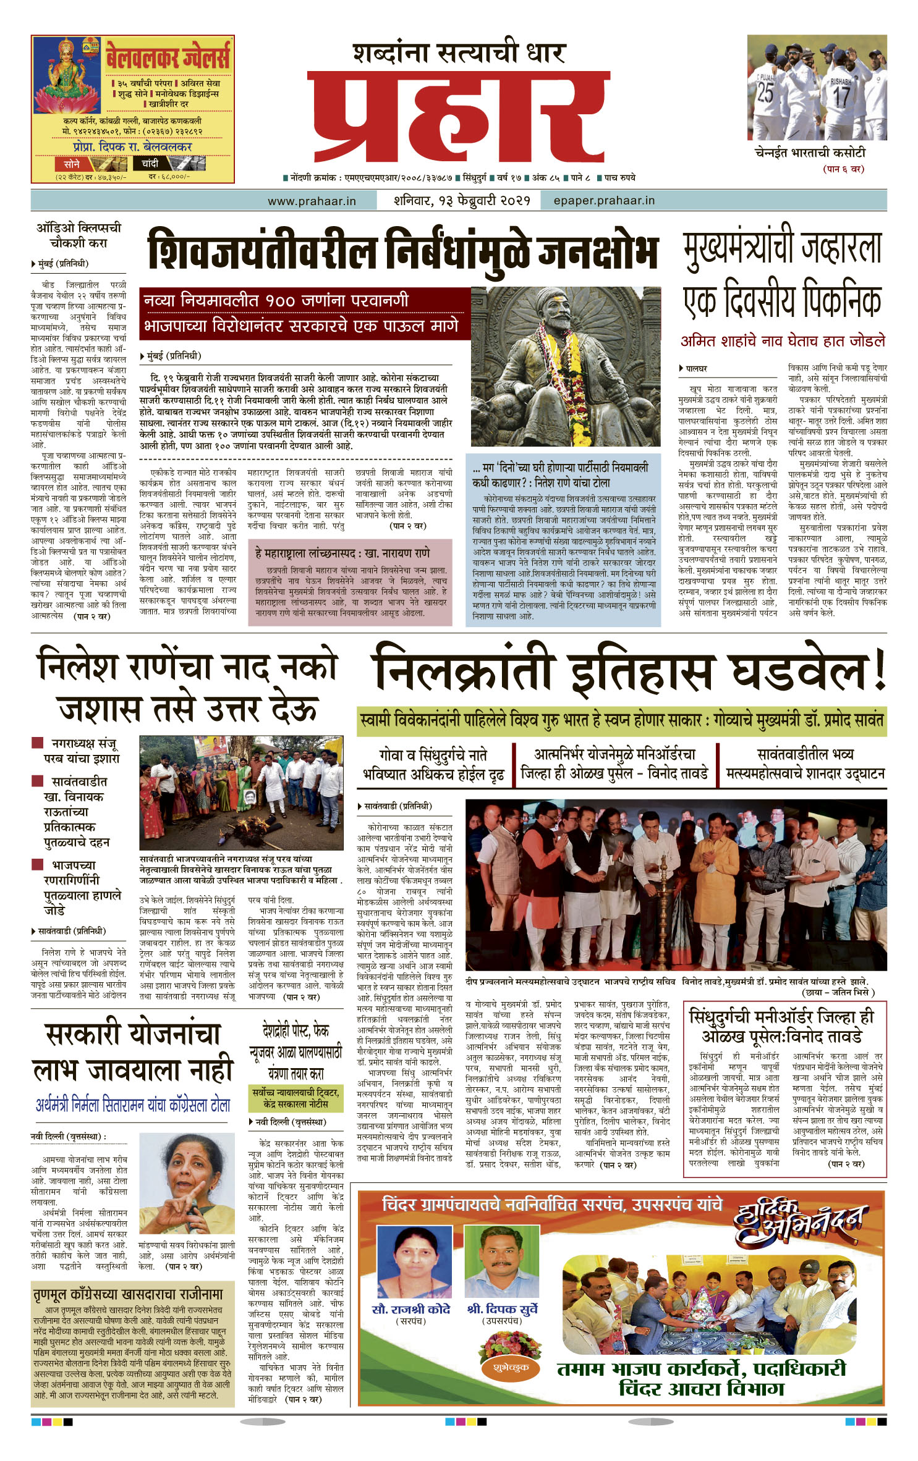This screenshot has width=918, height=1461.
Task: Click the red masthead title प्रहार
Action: (458, 117)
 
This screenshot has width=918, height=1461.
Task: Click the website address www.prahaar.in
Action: (312, 201)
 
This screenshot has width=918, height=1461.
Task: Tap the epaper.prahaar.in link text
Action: (604, 201)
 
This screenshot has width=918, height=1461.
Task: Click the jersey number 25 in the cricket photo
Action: (765, 92)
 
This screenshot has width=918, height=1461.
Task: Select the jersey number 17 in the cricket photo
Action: (841, 96)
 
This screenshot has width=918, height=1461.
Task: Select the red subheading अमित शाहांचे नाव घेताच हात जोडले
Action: (783, 340)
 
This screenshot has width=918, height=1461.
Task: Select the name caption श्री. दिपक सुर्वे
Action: (502, 1309)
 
